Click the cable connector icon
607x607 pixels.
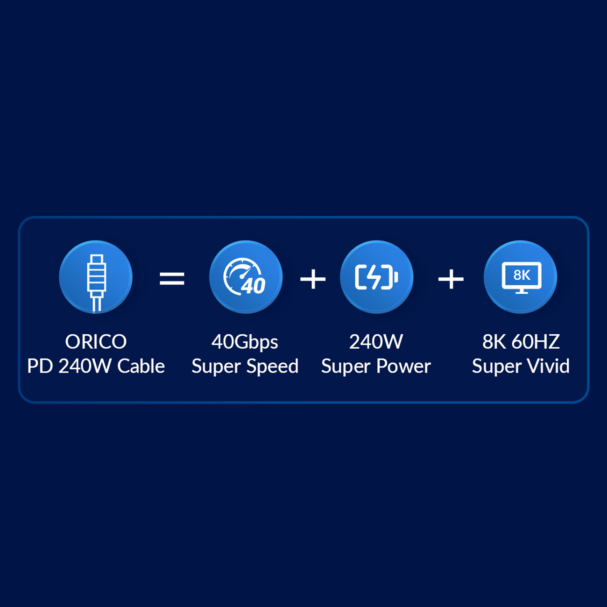point(96,282)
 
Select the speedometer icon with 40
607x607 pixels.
point(245,277)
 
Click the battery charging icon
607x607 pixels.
point(376,277)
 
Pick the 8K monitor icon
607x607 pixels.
point(522,277)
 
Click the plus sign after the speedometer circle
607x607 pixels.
point(312,279)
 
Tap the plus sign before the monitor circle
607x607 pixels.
point(451,279)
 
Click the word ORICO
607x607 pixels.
point(96,341)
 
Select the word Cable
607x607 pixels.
point(141,366)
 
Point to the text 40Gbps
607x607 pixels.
point(245,342)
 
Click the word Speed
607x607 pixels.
point(272,367)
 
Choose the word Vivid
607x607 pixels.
point(548,366)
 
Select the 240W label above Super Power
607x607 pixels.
point(376,341)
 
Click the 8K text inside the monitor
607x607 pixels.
point(522,275)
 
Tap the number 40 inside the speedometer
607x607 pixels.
point(254,286)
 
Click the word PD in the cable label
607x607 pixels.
point(40,366)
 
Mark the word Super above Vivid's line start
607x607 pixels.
point(496,367)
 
